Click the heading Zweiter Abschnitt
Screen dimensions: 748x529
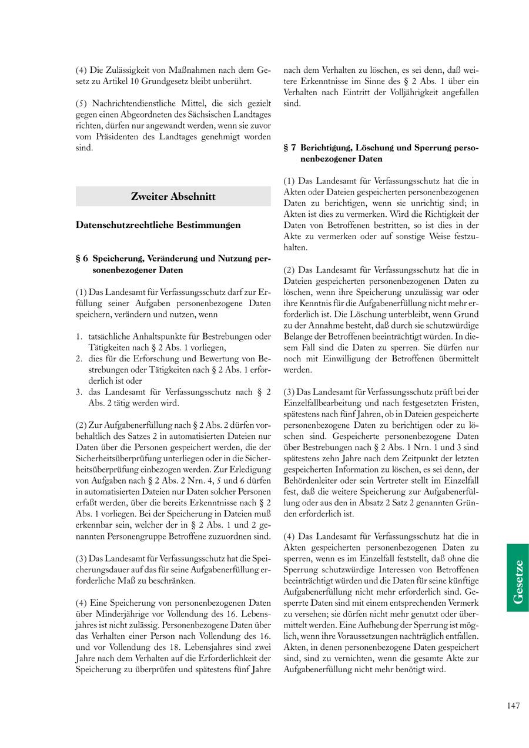(x=173, y=197)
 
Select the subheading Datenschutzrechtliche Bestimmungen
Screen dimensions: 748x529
(x=158, y=224)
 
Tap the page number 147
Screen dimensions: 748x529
(x=513, y=706)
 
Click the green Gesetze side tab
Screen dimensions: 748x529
(x=517, y=578)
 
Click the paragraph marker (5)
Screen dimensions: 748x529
(x=81, y=103)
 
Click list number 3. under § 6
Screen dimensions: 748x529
(x=79, y=392)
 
